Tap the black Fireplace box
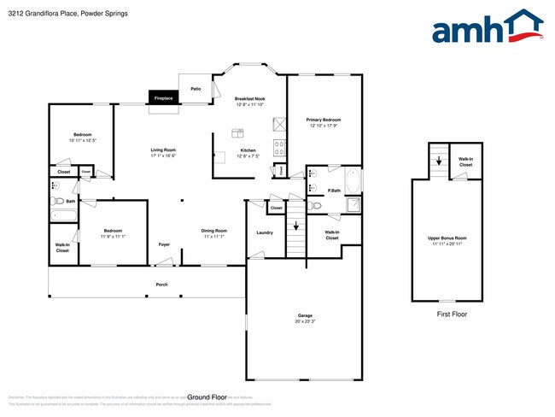point(163,98)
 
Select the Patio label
point(196,88)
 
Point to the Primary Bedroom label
point(324,122)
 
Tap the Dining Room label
point(213,232)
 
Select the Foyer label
point(164,244)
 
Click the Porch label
point(161,284)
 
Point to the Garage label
point(305,317)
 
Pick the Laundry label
point(265,232)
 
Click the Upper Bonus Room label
point(447,240)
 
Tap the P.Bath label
point(335,190)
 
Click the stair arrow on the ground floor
point(296,226)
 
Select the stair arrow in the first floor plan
point(439,159)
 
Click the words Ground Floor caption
point(207,397)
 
